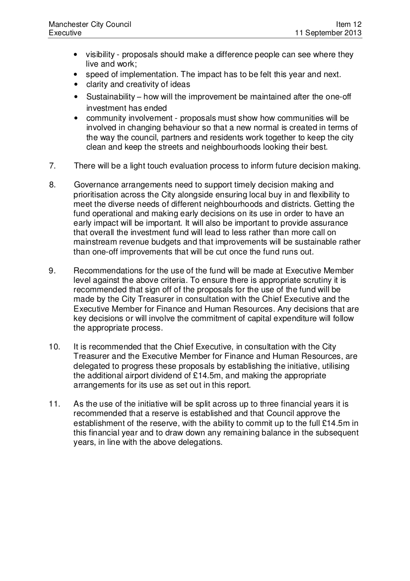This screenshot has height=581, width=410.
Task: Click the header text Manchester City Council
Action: point(90,24)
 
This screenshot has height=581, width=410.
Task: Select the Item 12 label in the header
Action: point(349,24)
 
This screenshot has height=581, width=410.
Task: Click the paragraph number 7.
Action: point(52,166)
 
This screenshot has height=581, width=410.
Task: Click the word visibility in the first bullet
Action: point(101,55)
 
